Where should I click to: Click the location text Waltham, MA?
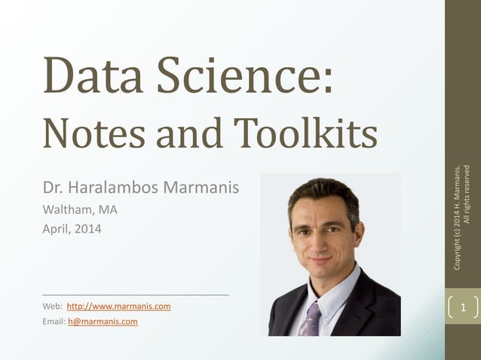coord(80,210)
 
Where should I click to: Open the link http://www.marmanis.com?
coord(118,307)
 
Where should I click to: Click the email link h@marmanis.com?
coord(103,322)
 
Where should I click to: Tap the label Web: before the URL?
coord(53,307)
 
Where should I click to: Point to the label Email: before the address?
coord(54,322)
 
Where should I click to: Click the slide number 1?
coord(463,307)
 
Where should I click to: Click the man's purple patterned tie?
coord(311,319)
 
